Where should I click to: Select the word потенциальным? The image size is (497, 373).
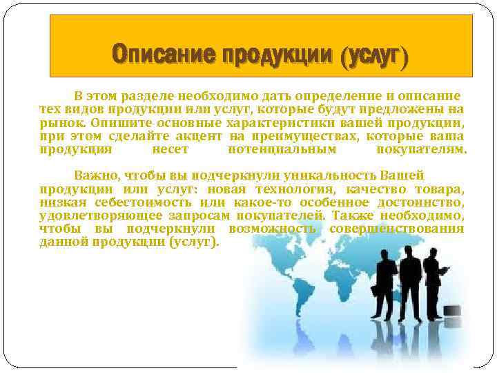click(x=282, y=149)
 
